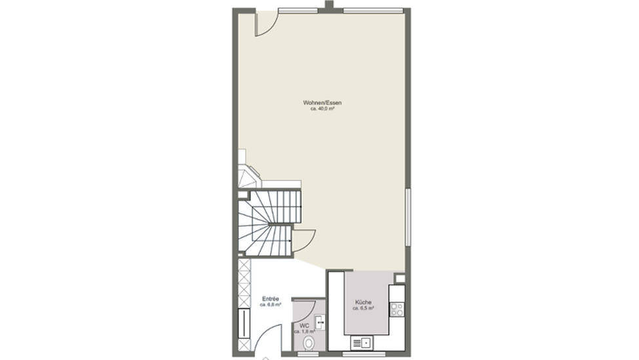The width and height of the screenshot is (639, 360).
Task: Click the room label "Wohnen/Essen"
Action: [x=322, y=103]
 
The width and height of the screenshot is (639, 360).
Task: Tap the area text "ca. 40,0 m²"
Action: [x=322, y=109]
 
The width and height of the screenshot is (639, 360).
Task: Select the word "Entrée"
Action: [x=271, y=299]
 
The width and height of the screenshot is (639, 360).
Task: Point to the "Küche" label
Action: [x=363, y=302]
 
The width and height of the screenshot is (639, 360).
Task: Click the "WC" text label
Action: [x=304, y=326]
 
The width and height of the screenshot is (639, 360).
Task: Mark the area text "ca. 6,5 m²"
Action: [x=363, y=308]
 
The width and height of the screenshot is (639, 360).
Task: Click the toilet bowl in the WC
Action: [x=309, y=344]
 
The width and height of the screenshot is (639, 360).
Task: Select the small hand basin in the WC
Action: [x=320, y=322]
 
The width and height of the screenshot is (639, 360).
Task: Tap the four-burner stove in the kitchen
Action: [x=397, y=309]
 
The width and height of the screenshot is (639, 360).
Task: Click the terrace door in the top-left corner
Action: [x=267, y=24]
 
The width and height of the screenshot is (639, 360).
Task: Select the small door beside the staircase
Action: [x=304, y=241]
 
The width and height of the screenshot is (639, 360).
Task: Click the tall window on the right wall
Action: [x=408, y=217]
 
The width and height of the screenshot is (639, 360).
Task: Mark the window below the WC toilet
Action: [x=309, y=354]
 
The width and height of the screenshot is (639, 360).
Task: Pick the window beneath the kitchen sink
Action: [x=364, y=354]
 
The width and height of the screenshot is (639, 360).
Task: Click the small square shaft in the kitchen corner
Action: [x=400, y=279]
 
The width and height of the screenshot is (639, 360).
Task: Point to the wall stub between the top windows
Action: [x=329, y=5]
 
